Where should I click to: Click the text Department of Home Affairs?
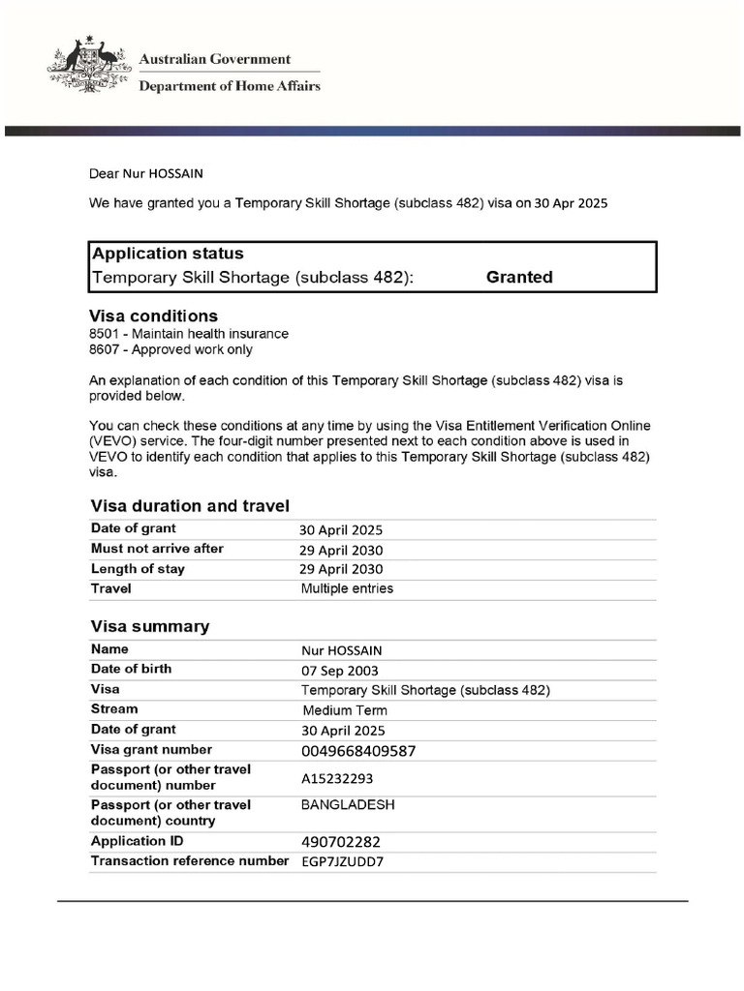[x=230, y=86]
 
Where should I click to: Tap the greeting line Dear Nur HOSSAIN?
[x=146, y=173]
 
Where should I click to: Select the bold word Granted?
[x=519, y=277]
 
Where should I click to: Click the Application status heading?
[x=168, y=254]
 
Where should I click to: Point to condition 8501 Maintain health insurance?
[x=188, y=334]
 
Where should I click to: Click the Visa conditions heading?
[x=153, y=316]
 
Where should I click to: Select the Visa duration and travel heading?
[x=190, y=506]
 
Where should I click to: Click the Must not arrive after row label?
[x=157, y=549]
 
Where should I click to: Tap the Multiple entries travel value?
[x=347, y=588]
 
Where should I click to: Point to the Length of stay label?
[x=138, y=569]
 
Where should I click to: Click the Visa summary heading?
[x=149, y=626]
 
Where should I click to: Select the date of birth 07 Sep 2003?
[x=340, y=671]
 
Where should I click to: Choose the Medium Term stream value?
[x=345, y=710]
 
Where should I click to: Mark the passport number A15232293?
[x=337, y=778]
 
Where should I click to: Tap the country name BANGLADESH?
[x=348, y=805]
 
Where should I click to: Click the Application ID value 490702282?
[x=348, y=842]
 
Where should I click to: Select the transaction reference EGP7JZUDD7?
[x=342, y=861]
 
